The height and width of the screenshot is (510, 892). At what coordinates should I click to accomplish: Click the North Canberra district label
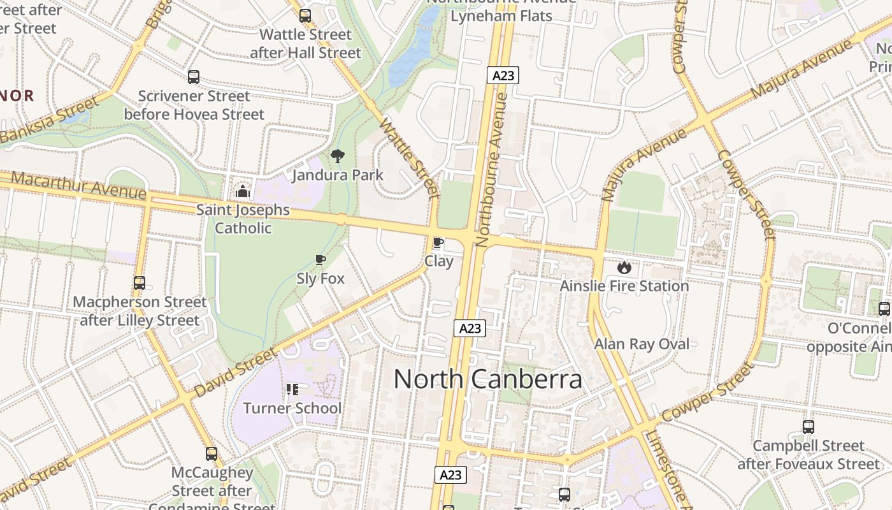pos(487,379)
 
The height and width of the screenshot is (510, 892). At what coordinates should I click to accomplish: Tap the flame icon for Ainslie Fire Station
pos(624,267)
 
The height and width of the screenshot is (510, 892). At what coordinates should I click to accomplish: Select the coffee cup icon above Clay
pos(438,242)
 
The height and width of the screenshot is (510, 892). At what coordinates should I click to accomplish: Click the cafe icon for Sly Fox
pos(320,259)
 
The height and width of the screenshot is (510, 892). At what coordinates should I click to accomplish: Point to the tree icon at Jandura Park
pos(338,156)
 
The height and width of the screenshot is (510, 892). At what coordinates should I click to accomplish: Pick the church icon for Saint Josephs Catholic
pos(242,191)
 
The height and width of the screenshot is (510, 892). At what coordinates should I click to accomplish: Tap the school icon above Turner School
pos(292,389)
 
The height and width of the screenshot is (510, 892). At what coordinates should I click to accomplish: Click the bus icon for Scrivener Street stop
pos(194,77)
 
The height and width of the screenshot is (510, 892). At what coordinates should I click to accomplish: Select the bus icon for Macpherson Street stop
pos(140,283)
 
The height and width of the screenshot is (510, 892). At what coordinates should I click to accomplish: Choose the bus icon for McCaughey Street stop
pos(212,454)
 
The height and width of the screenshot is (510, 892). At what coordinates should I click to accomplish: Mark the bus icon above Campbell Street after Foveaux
pos(808,427)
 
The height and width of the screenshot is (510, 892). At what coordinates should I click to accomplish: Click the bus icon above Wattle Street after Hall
pos(305,16)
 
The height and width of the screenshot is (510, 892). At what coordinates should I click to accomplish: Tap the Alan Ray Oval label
pos(642,344)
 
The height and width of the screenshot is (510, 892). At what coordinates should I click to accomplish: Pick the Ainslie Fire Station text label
pos(624,286)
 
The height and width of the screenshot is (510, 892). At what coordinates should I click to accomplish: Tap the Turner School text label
pos(292,408)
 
